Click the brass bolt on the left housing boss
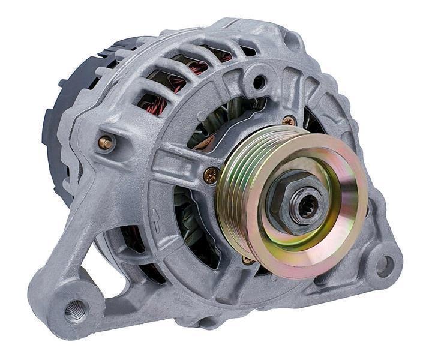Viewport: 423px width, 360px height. click(106, 142)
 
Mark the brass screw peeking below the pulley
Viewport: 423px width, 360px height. click(247, 260)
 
